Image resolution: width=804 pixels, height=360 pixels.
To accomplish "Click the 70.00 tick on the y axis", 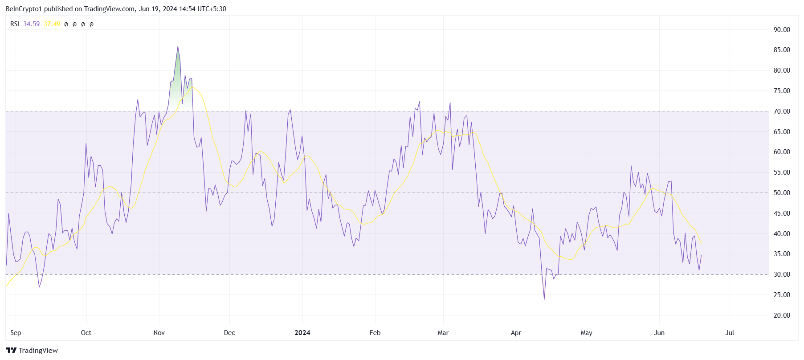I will point(781,111).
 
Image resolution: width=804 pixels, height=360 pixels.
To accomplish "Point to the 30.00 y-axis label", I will point(781,274).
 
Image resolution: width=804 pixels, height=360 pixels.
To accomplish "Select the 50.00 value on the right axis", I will point(781,193).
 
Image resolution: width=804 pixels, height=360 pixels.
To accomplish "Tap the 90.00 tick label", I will point(781,30).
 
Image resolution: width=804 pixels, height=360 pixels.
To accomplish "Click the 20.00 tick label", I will point(781,315).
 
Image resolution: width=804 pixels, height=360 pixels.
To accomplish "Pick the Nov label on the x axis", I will point(159,333).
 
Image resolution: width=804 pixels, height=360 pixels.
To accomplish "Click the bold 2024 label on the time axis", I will point(302,333).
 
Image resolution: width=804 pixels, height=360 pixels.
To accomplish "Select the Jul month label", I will point(730,333).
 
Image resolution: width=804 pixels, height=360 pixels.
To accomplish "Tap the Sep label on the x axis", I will point(16,333).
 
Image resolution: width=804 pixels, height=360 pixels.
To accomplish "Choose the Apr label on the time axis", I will point(516,333).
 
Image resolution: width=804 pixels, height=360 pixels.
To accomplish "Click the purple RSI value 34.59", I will point(32,24).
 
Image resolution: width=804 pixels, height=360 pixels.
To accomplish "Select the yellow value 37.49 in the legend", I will point(52,24).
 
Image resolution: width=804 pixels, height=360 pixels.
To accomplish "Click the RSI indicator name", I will point(15,24).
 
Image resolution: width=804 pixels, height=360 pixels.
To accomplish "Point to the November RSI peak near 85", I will point(178,46).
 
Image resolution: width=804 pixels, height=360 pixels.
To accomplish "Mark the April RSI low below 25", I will point(544,299).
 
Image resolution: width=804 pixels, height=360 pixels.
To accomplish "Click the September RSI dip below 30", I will point(39,287).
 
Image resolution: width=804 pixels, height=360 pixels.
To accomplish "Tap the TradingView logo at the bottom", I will point(32,350).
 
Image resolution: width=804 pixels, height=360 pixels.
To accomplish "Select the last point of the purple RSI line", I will point(701,256).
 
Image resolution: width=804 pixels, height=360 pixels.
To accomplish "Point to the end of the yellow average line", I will point(701,243).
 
